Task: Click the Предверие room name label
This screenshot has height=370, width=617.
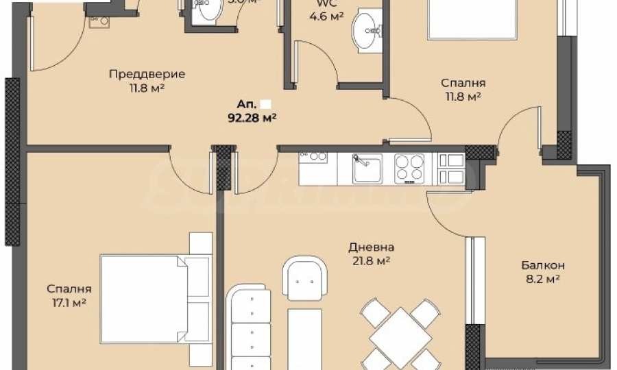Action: pyautogui.click(x=147, y=74)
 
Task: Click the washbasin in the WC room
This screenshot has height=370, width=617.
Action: pyautogui.click(x=366, y=31)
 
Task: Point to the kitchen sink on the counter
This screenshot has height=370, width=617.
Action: pyautogui.click(x=367, y=168)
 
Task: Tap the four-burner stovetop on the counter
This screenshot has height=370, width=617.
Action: pyautogui.click(x=409, y=168)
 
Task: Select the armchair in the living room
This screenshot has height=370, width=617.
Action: pyautogui.click(x=303, y=277)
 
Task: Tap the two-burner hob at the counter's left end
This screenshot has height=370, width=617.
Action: pyautogui.click(x=314, y=157)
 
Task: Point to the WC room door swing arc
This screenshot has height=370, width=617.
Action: pyautogui.click(x=314, y=65)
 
